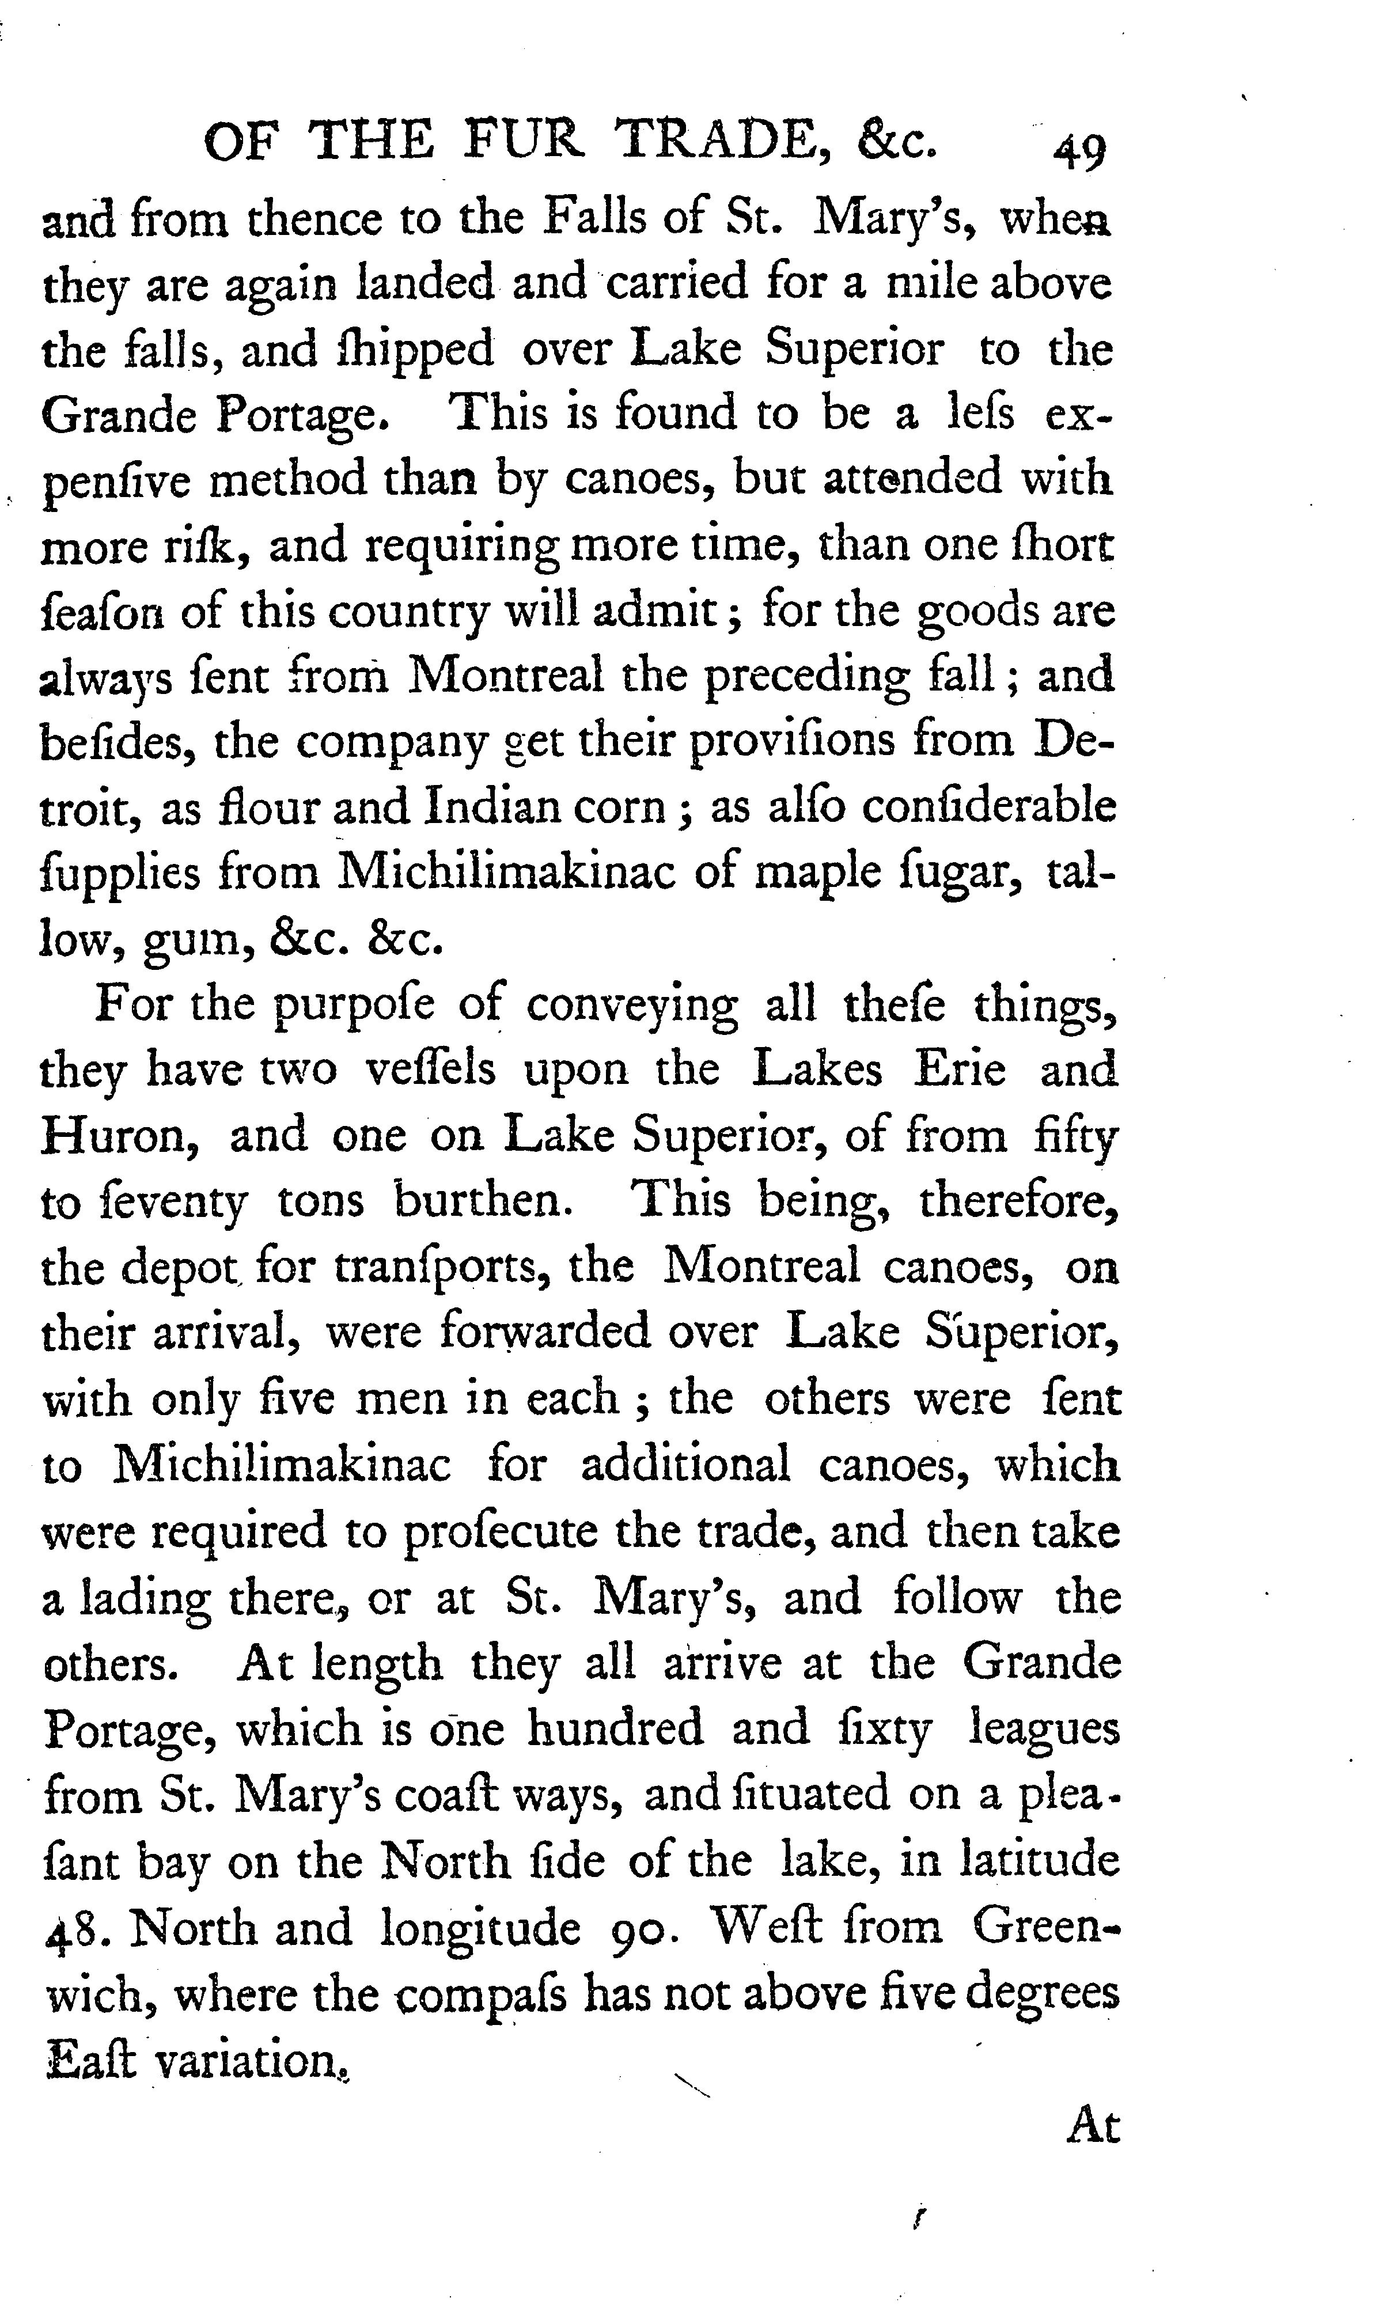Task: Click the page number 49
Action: pyautogui.click(x=1079, y=151)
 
